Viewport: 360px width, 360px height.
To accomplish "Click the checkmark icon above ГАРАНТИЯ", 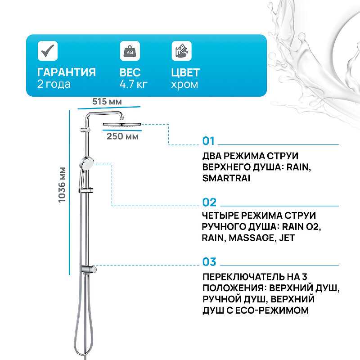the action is point(48,51).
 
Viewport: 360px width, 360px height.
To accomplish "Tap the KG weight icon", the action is point(130,51).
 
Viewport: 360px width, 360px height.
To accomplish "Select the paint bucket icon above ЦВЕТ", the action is point(182,51).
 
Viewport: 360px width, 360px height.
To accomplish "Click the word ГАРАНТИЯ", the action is point(66,72).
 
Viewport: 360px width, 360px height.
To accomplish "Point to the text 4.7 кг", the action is point(133,84).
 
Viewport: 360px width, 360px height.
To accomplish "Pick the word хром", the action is point(184,85).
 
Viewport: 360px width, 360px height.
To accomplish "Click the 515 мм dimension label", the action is point(107,102).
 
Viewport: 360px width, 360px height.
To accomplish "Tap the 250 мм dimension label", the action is point(122,136).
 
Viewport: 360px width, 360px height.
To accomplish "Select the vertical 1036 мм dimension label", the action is point(62,185).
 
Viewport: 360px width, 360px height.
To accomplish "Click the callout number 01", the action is point(208,141).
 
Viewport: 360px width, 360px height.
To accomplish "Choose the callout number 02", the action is point(209,202).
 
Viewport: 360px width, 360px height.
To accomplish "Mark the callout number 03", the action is point(209,262).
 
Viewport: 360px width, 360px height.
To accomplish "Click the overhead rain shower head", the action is point(122,125).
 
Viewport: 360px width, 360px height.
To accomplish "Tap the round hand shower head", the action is point(86,163).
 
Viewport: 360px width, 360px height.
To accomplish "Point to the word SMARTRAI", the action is point(226,178).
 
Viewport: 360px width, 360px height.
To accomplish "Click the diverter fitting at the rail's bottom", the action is point(89,269).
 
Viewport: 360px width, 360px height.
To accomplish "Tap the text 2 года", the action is point(54,84).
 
